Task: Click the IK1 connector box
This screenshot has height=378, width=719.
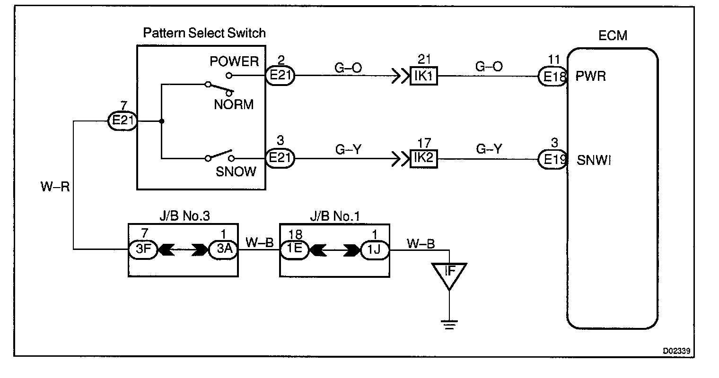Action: [x=424, y=76]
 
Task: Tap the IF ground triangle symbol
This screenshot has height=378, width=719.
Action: [x=449, y=275]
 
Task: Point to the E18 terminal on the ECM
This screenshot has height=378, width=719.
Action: [x=552, y=76]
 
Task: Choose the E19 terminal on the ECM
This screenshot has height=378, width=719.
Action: [x=552, y=159]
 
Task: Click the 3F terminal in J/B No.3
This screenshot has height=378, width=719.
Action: [x=143, y=249]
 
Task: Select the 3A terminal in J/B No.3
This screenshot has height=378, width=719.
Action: [x=223, y=249]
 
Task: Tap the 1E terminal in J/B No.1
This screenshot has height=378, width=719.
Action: [x=294, y=249]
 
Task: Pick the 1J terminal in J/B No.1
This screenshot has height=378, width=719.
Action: [x=375, y=249]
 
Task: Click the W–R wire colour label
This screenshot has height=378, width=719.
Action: [x=55, y=187]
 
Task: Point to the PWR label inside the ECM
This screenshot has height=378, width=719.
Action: [x=591, y=76]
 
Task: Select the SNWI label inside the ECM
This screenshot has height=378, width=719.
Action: [x=594, y=161]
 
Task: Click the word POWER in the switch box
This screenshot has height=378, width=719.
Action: [x=235, y=61]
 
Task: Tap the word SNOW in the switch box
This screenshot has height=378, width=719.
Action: [x=236, y=171]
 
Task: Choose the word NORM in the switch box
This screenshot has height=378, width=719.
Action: [x=234, y=104]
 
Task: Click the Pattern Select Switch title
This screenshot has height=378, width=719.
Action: [x=204, y=33]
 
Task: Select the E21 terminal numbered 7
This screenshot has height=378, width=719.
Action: [x=123, y=121]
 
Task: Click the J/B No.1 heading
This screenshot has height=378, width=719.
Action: [x=335, y=216]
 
